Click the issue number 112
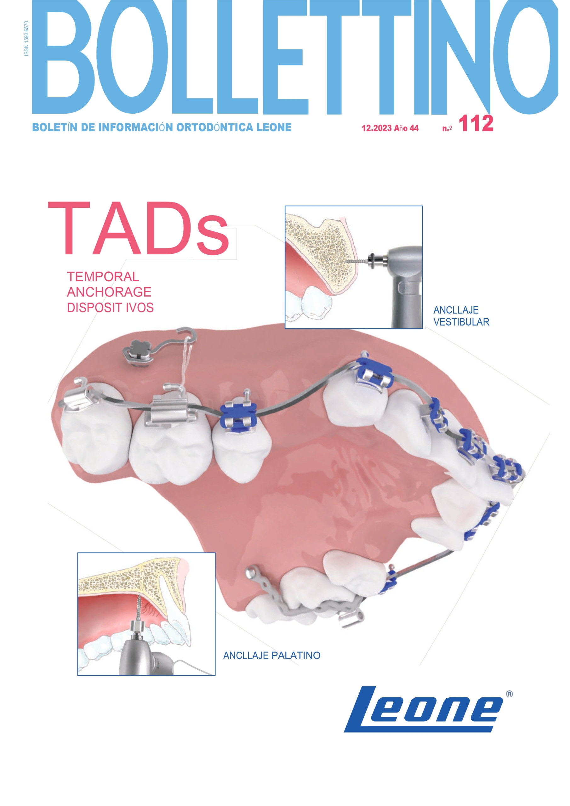tap(476, 123)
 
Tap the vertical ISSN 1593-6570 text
tap(26, 39)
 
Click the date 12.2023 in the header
tap(377, 128)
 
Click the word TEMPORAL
tap(103, 277)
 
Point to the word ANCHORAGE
tap(109, 292)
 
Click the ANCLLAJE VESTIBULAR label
tap(461, 316)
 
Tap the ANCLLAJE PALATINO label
tap(272, 656)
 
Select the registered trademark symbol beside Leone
tap(510, 694)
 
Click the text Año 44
tap(406, 128)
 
